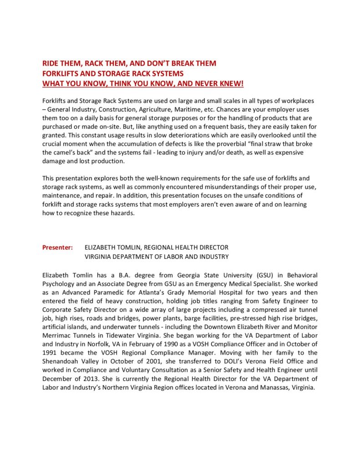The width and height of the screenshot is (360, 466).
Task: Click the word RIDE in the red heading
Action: click(x=51, y=63)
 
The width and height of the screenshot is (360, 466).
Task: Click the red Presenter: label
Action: click(x=57, y=248)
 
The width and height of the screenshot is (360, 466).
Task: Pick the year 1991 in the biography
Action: click(x=50, y=352)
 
